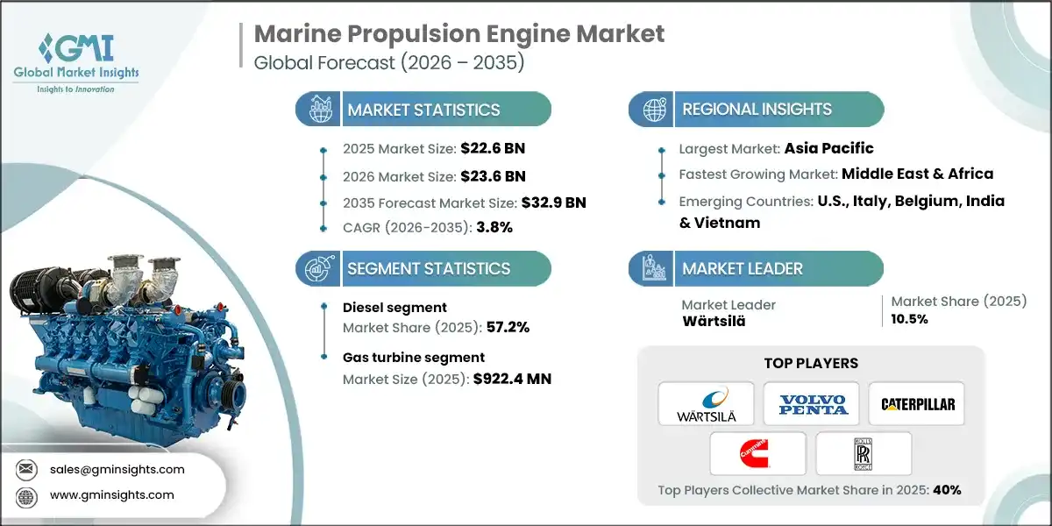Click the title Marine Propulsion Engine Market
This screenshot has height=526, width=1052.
click(x=458, y=34)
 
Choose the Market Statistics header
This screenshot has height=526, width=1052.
click(x=423, y=110)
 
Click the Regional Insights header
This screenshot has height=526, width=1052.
click(x=757, y=110)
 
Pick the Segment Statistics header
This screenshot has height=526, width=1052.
click(x=428, y=268)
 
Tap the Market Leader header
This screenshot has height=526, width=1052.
click(x=743, y=268)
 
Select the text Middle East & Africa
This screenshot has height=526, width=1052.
click(x=918, y=174)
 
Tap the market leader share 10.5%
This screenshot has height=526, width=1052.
click(x=910, y=319)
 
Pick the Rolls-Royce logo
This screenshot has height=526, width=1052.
click(x=864, y=453)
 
